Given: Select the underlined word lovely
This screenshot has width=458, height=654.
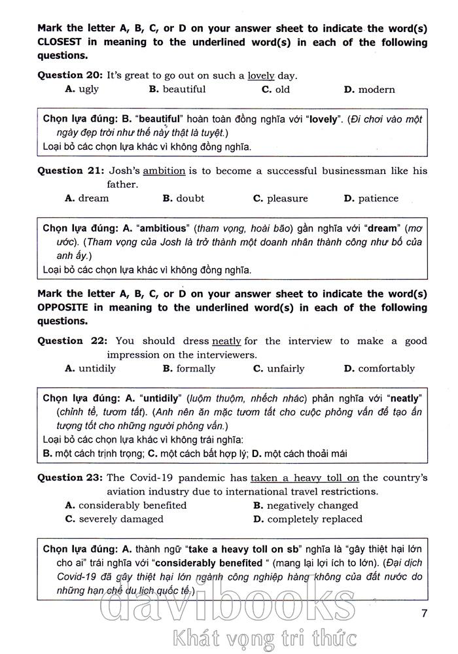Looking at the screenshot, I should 261,75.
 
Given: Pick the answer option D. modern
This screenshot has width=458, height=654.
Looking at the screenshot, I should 370,90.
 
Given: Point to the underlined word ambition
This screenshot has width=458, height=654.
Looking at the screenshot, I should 164,171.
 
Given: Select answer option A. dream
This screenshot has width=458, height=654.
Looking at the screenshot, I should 87,198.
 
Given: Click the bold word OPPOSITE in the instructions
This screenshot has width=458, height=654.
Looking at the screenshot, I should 65,307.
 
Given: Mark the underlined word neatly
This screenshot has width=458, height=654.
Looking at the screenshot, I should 226,341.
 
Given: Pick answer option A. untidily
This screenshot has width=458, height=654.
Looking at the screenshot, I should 91,368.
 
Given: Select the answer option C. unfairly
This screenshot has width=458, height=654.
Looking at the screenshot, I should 279,368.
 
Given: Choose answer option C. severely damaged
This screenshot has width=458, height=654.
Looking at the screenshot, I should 114,519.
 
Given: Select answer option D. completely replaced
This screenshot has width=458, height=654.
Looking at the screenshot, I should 308,519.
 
